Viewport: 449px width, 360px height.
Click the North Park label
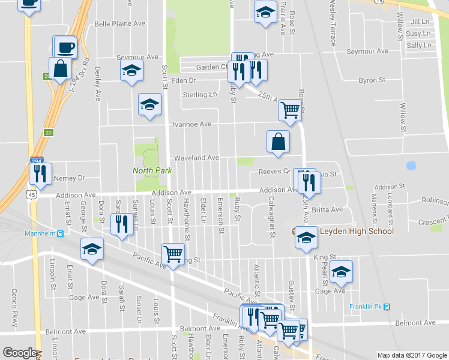click(152, 170)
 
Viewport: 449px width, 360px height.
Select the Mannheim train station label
click(41, 233)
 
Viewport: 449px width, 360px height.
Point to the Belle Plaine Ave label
click(119, 23)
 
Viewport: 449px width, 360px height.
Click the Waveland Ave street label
click(196, 158)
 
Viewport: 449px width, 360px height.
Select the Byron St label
click(372, 80)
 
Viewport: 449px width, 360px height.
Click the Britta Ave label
click(327, 209)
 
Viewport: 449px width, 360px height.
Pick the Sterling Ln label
click(200, 95)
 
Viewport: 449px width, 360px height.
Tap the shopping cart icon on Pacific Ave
click(173, 254)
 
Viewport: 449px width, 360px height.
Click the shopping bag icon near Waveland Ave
click(278, 142)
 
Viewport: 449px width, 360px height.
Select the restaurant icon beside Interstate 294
click(40, 175)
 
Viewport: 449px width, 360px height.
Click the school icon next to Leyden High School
click(306, 239)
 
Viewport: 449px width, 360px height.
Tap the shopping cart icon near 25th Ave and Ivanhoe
click(291, 110)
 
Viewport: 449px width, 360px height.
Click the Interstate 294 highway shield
click(35, 161)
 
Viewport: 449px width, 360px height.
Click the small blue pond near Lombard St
click(412, 165)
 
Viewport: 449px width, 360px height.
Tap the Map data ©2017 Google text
click(412, 355)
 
